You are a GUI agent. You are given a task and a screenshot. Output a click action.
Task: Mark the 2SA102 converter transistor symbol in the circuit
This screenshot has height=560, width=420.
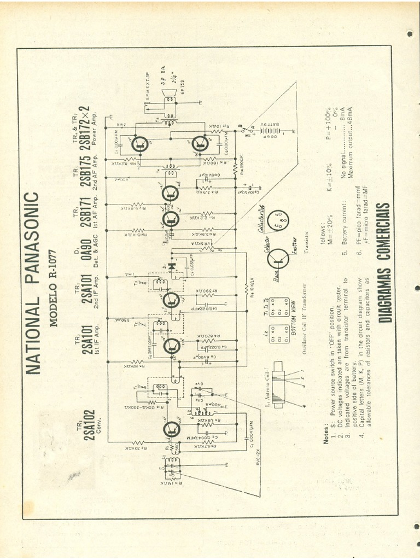click(171, 429)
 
